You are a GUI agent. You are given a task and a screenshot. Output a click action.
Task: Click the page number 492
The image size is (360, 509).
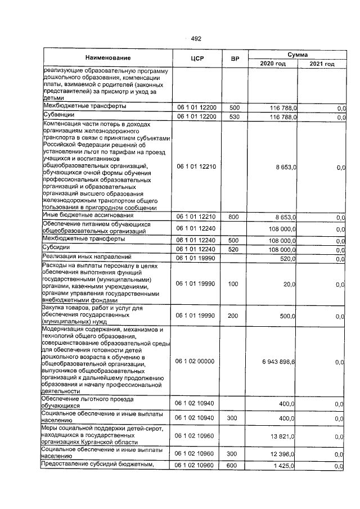click(x=196, y=39)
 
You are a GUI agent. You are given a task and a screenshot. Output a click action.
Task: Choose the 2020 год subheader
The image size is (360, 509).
click(x=273, y=64)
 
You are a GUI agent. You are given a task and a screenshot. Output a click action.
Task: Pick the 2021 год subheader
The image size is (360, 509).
click(x=322, y=64)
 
